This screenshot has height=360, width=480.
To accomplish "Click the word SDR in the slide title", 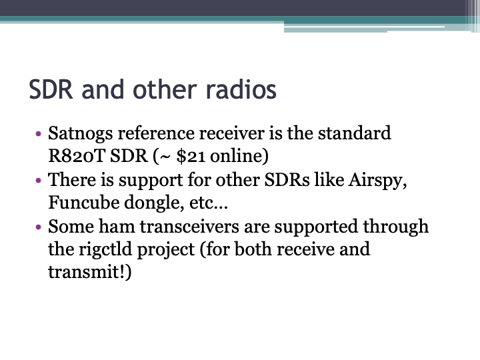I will (x=51, y=89).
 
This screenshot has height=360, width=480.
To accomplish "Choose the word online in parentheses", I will (x=239, y=157).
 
